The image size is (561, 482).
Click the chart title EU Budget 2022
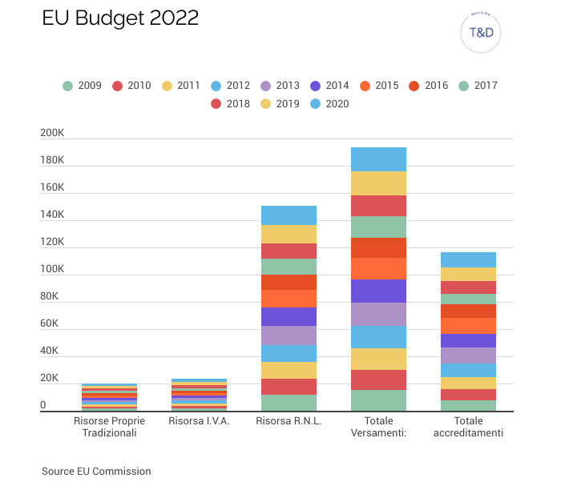tap(120, 18)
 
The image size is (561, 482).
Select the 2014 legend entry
tap(329, 86)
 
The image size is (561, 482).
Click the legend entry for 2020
tap(329, 103)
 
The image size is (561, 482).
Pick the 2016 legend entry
tap(428, 86)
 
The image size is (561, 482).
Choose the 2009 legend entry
tap(83, 86)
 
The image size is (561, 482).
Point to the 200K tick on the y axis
tap(53, 134)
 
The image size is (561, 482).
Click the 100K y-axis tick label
tap(53, 270)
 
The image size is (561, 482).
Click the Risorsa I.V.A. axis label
tap(199, 420)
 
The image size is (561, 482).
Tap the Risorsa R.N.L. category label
tap(289, 420)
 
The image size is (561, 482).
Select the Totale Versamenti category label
tap(378, 427)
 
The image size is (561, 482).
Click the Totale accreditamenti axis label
tap(468, 427)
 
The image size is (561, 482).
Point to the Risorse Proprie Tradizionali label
tap(109, 427)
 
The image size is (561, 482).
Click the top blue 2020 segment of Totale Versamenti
tap(378, 159)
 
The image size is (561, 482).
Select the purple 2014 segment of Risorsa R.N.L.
tap(289, 316)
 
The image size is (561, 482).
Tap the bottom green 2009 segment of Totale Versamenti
tap(378, 400)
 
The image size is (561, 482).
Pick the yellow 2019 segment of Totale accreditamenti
tap(468, 274)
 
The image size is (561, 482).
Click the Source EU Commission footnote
tap(96, 471)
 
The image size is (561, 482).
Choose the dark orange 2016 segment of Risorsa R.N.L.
tap(289, 282)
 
